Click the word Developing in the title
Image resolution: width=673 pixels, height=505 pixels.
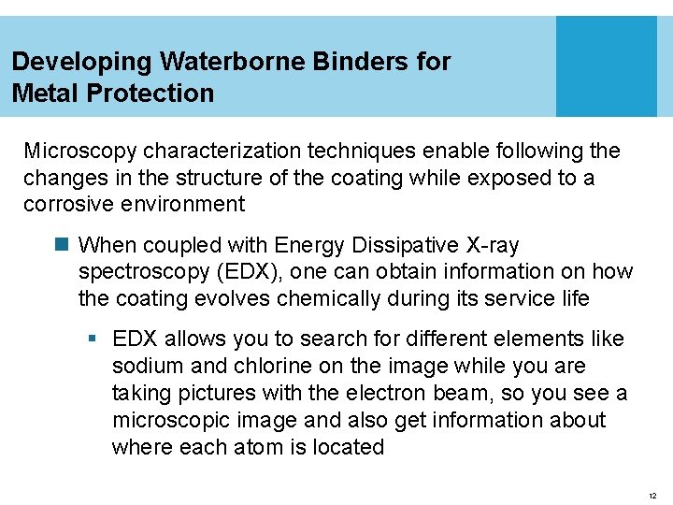[x=82, y=63]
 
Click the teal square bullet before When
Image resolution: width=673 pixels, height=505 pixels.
[x=64, y=246]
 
